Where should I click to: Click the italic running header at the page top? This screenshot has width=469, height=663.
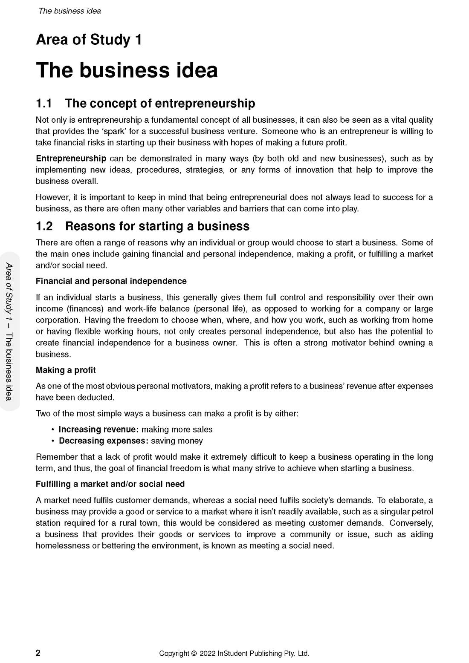(x=69, y=11)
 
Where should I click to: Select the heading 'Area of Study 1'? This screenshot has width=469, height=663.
(x=89, y=40)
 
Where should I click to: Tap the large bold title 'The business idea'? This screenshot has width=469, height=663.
(x=127, y=70)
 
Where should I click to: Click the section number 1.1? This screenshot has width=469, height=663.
(x=44, y=104)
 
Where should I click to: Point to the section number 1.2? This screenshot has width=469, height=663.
(x=44, y=226)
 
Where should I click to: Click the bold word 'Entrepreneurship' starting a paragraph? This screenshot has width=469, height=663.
(x=71, y=159)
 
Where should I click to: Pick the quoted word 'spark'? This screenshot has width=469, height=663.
(x=114, y=131)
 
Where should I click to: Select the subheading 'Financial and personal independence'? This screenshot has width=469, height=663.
(x=111, y=281)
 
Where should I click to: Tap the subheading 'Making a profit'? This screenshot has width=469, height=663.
(x=66, y=370)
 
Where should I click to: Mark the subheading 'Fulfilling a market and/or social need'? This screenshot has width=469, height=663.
(x=110, y=484)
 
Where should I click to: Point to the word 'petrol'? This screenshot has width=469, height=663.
(x=422, y=512)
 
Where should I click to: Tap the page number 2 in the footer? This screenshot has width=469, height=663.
(x=38, y=653)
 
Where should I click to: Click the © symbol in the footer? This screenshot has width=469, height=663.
(x=194, y=654)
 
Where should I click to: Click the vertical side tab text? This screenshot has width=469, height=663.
(x=9, y=331)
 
